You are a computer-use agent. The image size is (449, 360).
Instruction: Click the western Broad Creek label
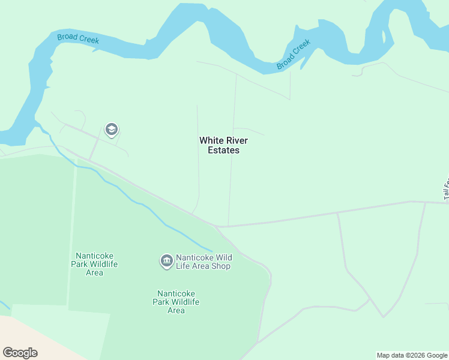78,40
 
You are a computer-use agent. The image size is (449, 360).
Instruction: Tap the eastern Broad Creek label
294,55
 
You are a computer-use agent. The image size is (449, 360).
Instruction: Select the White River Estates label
223,145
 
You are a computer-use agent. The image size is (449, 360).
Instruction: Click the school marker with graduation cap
111,129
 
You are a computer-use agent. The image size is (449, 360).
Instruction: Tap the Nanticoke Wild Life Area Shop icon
166,260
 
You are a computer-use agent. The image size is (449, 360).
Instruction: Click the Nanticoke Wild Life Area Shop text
203,262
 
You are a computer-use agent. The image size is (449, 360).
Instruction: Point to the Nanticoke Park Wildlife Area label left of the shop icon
94,264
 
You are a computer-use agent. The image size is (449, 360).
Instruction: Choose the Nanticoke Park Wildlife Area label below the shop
176,302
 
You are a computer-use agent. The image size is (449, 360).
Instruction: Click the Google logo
20,353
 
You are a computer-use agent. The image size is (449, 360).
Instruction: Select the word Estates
223,151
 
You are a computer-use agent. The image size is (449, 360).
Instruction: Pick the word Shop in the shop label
220,266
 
